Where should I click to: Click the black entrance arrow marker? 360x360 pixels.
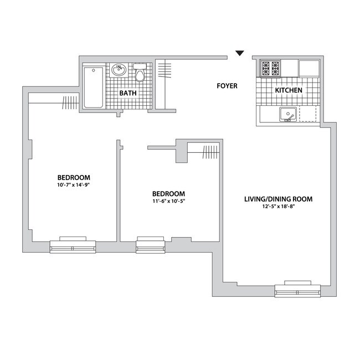coord(240,53)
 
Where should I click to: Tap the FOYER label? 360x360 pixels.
coord(227,86)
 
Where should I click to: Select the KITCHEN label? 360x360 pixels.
coord(289,90)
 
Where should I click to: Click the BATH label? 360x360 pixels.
coord(128,93)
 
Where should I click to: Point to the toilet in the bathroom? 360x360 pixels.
coord(140,73)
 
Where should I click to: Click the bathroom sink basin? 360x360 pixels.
coord(119,70)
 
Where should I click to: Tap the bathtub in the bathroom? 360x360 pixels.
coord(94,88)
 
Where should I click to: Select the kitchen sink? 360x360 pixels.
coord(288,114)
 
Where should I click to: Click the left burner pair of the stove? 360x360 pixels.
coord(266,69)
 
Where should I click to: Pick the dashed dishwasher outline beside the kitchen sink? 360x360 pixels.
coord(307,114)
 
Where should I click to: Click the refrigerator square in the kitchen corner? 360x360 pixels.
coord(309,69)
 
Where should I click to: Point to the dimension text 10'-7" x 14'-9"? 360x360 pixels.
coord(73,185)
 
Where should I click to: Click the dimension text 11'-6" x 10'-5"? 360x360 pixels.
coord(169,201)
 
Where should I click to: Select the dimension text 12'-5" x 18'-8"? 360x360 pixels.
coord(279,207)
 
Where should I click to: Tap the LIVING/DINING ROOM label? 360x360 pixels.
coord(278,199)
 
